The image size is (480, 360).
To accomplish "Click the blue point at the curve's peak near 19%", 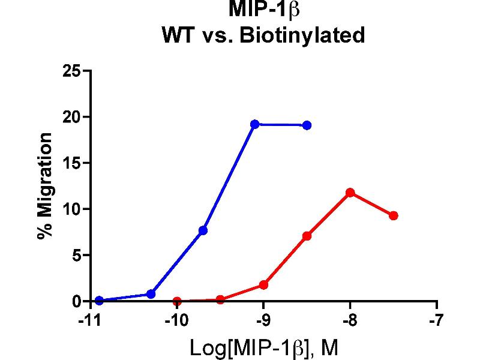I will tap(255, 124).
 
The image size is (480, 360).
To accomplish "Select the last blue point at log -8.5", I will tap(307, 125).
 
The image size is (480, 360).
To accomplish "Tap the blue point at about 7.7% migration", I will tap(203, 230).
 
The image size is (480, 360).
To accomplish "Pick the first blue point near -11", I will tap(99, 301).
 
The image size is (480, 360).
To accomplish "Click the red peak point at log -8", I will tap(350, 193).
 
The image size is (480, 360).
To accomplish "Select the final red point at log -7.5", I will tap(394, 215).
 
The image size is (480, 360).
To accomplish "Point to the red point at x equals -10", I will tap(176, 301).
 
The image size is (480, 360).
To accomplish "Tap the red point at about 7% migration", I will tap(307, 236).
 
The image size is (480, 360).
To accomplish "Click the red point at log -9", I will tap(263, 285).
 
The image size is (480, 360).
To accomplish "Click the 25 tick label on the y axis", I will tap(73, 71).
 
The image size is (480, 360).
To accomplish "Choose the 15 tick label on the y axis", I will tap(73, 163).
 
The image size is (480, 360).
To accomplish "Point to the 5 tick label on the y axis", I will tap(76, 256).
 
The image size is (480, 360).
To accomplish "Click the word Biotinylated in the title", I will tap(302, 35).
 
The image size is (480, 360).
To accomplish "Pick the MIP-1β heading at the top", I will tap(264, 10).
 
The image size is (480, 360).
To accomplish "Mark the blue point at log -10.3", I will tap(151, 294).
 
